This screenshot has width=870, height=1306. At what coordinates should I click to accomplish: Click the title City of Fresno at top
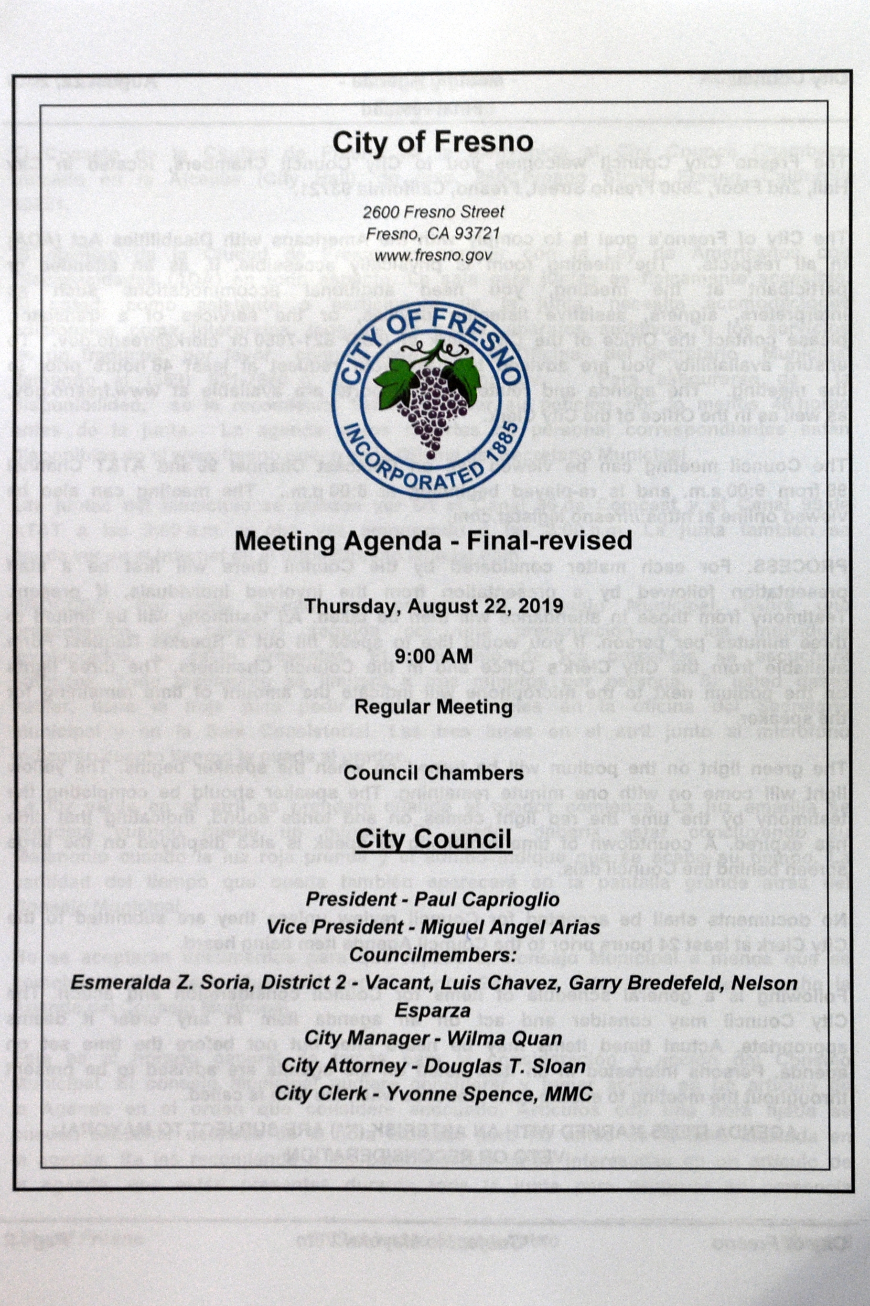[433, 142]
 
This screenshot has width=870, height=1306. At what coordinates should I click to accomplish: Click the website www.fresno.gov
[433, 255]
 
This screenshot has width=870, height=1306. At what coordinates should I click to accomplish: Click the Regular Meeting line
[433, 707]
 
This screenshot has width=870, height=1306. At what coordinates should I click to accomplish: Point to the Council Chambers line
[433, 773]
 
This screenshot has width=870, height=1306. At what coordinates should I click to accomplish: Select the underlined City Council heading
[433, 838]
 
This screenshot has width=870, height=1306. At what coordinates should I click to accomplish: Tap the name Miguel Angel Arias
[510, 927]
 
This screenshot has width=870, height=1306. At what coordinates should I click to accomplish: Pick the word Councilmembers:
[433, 955]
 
